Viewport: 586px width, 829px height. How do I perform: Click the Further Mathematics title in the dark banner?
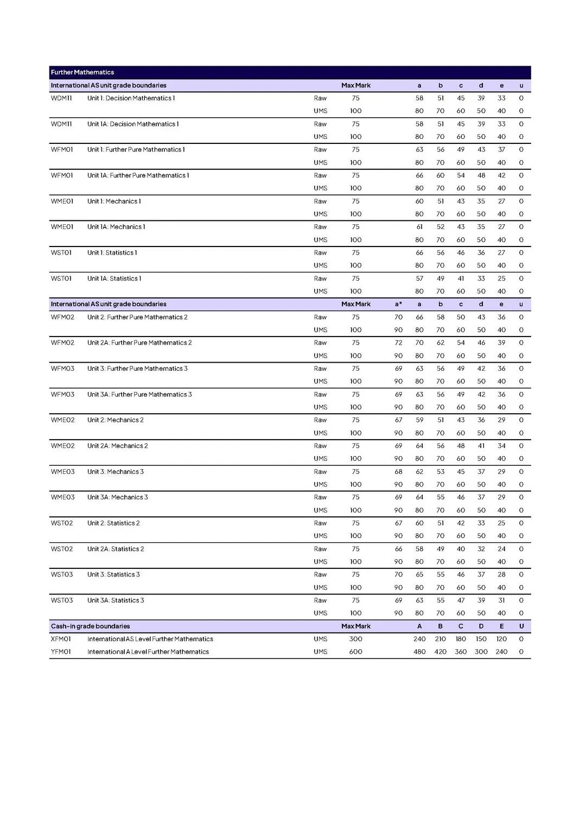[x=82, y=72]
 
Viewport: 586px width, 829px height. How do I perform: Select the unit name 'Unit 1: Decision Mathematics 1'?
[x=131, y=98]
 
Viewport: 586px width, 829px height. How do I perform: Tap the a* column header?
[x=398, y=304]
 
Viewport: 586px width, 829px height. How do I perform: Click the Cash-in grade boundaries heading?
[x=90, y=626]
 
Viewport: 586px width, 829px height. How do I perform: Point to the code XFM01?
[x=61, y=639]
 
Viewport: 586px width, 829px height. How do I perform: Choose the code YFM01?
[x=61, y=651]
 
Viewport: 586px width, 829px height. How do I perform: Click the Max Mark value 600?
[x=355, y=651]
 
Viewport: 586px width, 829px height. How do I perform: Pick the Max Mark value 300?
[x=355, y=639]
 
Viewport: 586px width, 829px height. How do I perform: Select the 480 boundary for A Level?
[x=419, y=651]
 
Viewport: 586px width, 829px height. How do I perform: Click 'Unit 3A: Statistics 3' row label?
[x=116, y=600]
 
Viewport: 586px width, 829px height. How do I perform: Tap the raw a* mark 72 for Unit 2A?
[x=398, y=343]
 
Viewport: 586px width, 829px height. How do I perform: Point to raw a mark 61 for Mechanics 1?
[x=419, y=227]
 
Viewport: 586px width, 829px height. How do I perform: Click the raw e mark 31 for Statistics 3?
[x=501, y=600]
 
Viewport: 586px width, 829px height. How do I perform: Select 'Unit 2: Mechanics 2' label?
[x=116, y=420]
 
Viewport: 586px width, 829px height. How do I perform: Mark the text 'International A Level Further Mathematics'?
[x=148, y=651]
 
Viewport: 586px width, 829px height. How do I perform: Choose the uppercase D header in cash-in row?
[x=481, y=626]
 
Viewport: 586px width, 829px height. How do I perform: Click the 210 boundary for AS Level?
[x=440, y=639]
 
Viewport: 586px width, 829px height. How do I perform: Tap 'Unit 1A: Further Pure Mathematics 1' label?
[x=138, y=175]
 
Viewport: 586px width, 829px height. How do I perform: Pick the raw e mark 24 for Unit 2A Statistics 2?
[x=501, y=549]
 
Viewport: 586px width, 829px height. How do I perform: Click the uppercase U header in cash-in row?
[x=521, y=626]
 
